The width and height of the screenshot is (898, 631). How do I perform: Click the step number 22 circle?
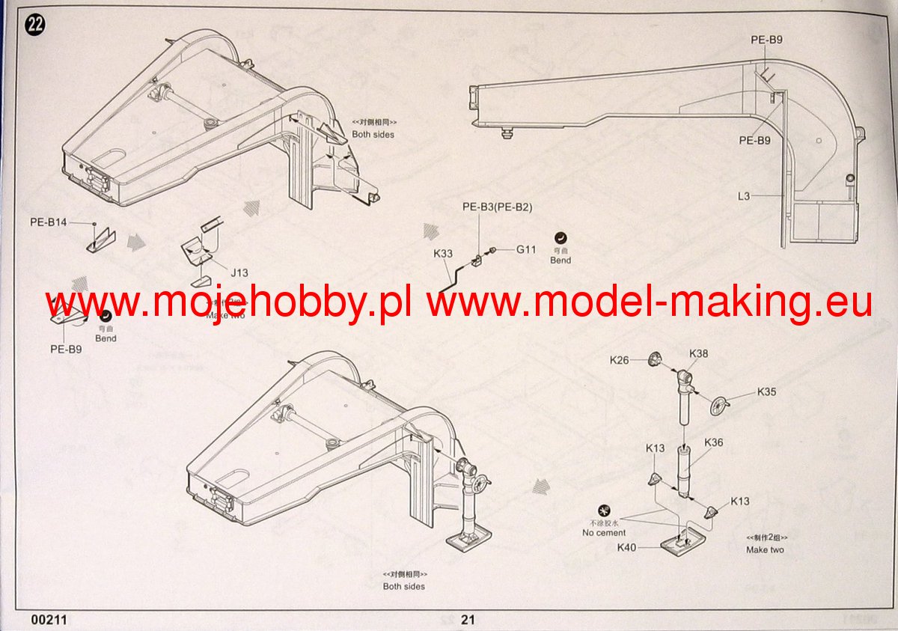(35, 25)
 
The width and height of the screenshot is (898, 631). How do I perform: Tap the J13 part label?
(239, 273)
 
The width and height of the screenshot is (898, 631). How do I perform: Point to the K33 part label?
(443, 254)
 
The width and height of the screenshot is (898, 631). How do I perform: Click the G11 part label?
(525, 249)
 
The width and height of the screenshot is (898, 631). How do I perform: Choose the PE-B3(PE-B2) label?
(497, 207)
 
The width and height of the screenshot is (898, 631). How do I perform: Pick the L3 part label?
(743, 196)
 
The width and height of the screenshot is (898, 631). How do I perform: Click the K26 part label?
(620, 360)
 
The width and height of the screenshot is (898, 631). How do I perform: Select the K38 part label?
(698, 353)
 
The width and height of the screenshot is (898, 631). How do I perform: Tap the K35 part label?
(766, 391)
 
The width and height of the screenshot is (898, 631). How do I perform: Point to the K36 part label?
(713, 442)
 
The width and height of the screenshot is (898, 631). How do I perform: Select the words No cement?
(604, 533)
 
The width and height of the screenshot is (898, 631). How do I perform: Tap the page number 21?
(468, 619)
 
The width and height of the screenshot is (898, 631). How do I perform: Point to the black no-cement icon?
(603, 510)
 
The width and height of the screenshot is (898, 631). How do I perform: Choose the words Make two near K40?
(765, 549)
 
